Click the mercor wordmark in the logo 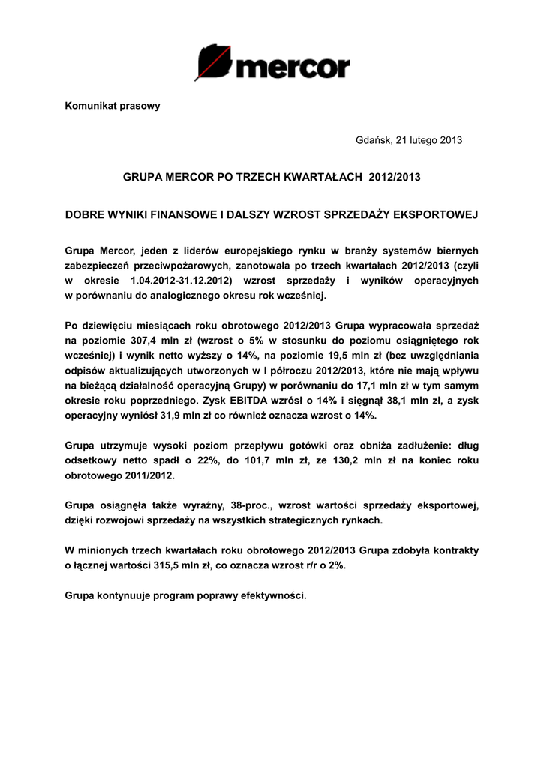pos(292,67)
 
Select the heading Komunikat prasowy pos(113,106)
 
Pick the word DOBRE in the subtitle pos(84,214)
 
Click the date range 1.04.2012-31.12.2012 pos(180,280)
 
